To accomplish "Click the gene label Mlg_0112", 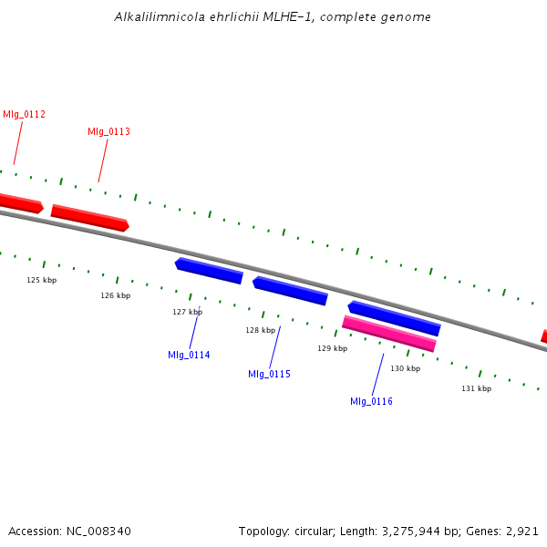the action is (x=24, y=115).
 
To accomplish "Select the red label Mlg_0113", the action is (x=108, y=131).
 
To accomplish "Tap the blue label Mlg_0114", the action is (x=189, y=356).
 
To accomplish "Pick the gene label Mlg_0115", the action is (x=269, y=375).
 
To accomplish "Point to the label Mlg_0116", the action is (x=371, y=401).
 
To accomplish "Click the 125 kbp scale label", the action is (x=42, y=280).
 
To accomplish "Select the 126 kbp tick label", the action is (x=116, y=295).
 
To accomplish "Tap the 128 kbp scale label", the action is (x=260, y=330).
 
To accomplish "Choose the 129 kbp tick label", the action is (x=332, y=348).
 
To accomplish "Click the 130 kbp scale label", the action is (x=405, y=368).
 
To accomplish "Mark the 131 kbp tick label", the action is (x=476, y=388).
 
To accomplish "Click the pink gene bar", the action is (x=389, y=334).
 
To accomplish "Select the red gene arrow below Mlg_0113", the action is (x=90, y=218).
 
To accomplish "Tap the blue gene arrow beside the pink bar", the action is (x=394, y=318).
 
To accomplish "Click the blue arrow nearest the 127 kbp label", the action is (x=209, y=271).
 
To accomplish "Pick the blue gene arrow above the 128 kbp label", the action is (x=290, y=291).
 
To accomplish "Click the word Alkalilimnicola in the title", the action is (x=160, y=16).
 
